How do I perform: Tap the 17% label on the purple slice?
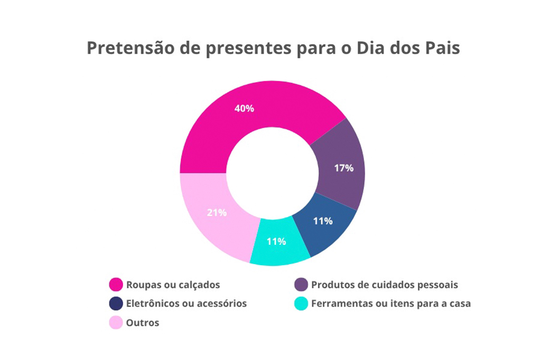click(343, 168)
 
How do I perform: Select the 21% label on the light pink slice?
click(217, 213)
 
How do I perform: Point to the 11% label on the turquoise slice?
click(276, 242)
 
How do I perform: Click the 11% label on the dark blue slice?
click(323, 221)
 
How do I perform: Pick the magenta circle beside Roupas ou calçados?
click(116, 285)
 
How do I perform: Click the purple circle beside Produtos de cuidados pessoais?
click(301, 285)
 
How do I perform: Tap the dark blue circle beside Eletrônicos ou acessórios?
click(116, 304)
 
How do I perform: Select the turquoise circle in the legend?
click(301, 304)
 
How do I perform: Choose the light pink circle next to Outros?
click(116, 323)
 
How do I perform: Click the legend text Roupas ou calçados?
click(173, 285)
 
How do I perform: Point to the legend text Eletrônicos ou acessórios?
click(186, 304)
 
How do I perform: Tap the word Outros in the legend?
click(142, 323)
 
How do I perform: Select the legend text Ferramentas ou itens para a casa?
click(390, 304)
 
